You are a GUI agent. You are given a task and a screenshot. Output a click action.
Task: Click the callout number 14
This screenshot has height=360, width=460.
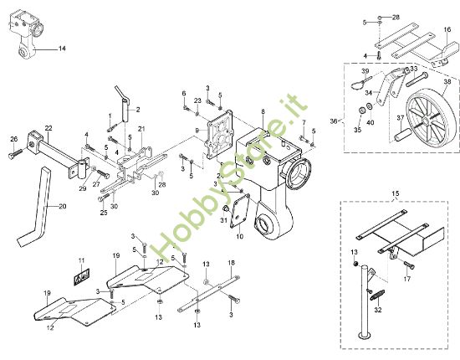61,49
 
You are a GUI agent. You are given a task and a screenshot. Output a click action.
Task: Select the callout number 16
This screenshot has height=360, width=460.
447,29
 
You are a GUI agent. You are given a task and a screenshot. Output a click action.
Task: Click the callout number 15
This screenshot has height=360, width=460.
396,195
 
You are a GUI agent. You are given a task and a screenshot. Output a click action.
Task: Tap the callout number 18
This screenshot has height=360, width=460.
231,263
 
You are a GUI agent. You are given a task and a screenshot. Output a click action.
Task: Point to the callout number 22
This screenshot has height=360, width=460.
49,127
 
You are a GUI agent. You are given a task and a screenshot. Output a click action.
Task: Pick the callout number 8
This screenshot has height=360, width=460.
263,111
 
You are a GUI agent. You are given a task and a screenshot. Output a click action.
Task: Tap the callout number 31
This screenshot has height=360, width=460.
223,220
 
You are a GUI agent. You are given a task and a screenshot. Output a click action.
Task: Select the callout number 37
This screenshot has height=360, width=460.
402,117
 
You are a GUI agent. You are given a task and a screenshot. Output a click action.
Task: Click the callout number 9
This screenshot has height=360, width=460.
197,131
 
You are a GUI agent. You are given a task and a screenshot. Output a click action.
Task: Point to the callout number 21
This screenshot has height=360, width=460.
141,128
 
